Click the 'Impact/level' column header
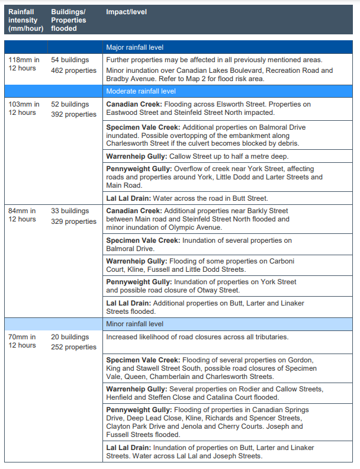(126, 12)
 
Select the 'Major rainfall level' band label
(134, 47)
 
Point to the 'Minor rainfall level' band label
(134, 324)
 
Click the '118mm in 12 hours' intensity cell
(24, 64)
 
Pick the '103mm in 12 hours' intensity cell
(24, 108)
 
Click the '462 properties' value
(73, 70)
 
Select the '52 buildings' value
(70, 104)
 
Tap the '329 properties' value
(73, 221)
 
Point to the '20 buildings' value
(70, 337)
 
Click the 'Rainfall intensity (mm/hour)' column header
(25, 20)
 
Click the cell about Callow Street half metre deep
(197, 156)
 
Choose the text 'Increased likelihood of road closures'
(163, 337)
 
